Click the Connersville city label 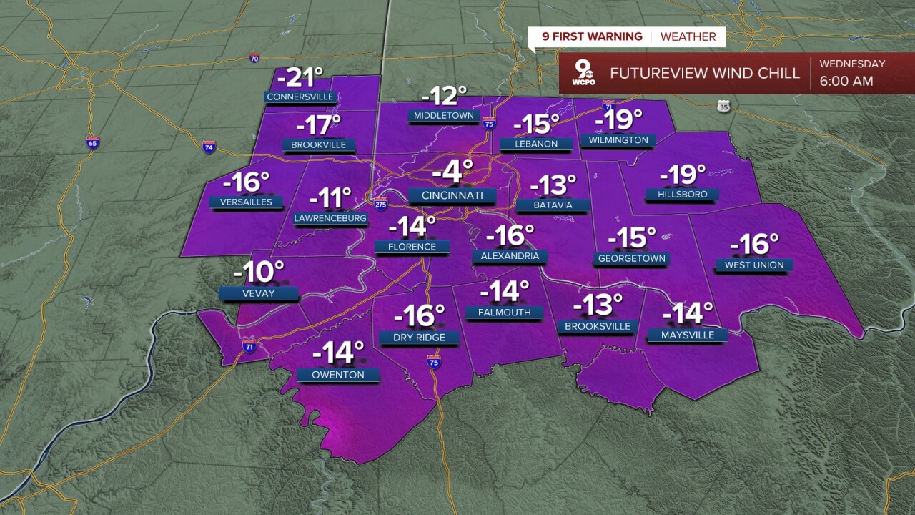300,97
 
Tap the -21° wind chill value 300,77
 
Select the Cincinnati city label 452,195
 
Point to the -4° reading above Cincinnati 452,172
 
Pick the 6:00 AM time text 846,81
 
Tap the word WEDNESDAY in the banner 852,64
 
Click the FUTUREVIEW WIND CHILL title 704,74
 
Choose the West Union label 753,265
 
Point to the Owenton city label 338,375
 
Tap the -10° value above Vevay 258,272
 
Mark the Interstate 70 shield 254,57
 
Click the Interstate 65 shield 92,142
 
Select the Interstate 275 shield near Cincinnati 381,203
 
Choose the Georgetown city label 631,258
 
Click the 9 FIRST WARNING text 592,36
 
